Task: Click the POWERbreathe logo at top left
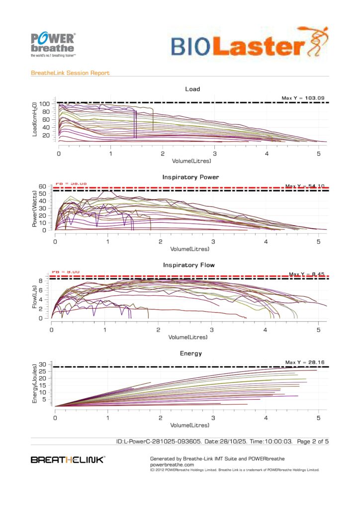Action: click(x=53, y=44)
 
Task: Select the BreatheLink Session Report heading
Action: click(x=70, y=73)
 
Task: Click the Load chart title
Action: click(x=192, y=89)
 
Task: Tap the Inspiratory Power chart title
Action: click(x=190, y=177)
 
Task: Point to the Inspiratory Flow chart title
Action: click(x=189, y=265)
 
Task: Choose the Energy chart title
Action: click(x=191, y=353)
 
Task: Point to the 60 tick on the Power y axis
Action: click(x=43, y=187)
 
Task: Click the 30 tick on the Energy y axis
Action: click(x=43, y=364)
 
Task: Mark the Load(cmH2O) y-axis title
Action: click(x=34, y=119)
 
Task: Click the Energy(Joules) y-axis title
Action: click(x=34, y=385)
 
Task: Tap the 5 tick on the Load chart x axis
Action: click(x=318, y=155)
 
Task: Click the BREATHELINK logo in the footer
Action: click(x=68, y=460)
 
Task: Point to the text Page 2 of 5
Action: click(x=313, y=441)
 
